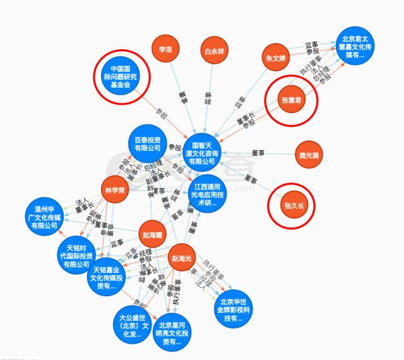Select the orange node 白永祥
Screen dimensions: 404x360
[213, 49]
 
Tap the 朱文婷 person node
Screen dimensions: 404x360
[276, 56]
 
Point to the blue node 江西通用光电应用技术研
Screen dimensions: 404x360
[206, 195]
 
